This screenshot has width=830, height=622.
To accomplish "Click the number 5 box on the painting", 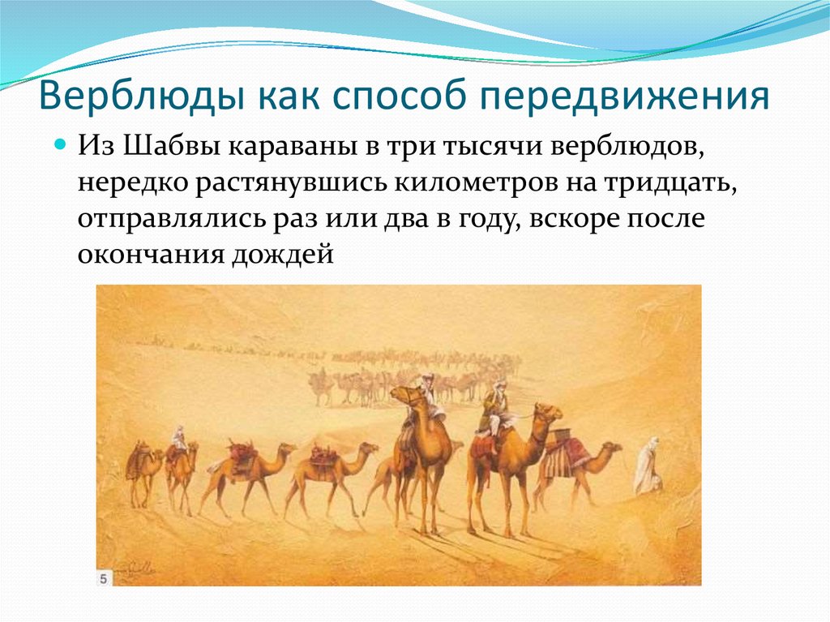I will (105, 577).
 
